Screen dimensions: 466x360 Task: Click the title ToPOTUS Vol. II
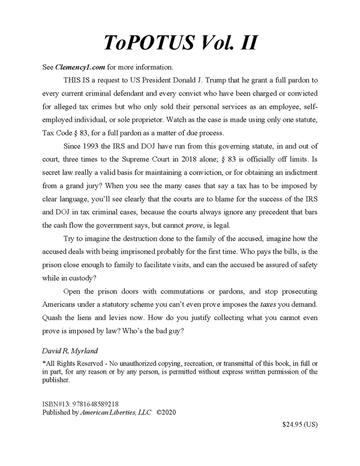[179, 43]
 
